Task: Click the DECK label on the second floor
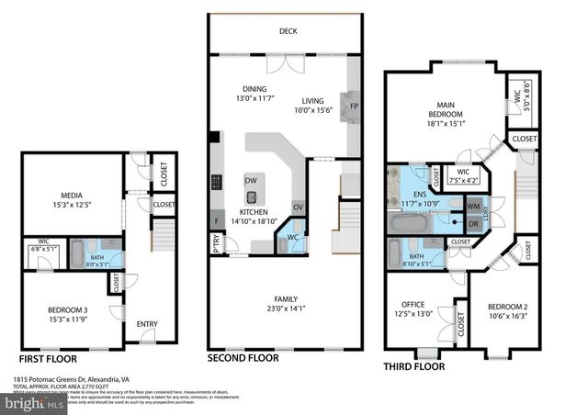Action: pyautogui.click(x=288, y=32)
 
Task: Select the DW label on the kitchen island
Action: pyautogui.click(x=251, y=181)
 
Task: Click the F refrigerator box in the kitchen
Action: pyautogui.click(x=217, y=221)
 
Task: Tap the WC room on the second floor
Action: pyautogui.click(x=291, y=239)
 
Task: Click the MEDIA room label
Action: pyautogui.click(x=73, y=196)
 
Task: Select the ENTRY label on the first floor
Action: pyautogui.click(x=147, y=323)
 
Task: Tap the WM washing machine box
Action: pyautogui.click(x=475, y=207)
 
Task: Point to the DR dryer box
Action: pyautogui.click(x=475, y=223)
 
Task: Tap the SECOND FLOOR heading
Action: pyautogui.click(x=243, y=358)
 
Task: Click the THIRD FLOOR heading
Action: pyautogui.click(x=413, y=366)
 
